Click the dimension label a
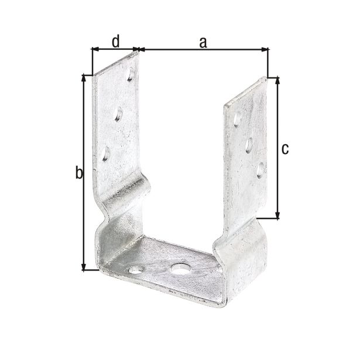click(x=203, y=42)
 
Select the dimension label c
click(x=284, y=149)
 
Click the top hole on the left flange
click(x=132, y=76)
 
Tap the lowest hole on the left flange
click(x=106, y=154)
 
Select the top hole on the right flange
click(x=236, y=119)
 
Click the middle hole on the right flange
click(x=248, y=144)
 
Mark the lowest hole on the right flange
click(x=260, y=170)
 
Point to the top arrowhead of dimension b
click(x=85, y=78)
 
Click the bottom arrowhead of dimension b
click(x=85, y=266)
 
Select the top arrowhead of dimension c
click(x=277, y=81)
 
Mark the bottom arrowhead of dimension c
click(x=277, y=215)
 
